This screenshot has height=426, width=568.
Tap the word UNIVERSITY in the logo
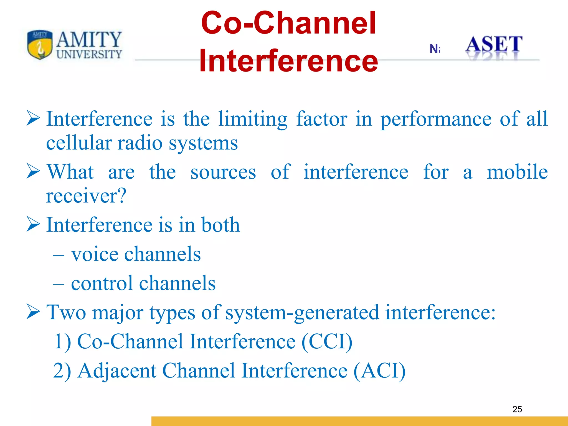click(89, 54)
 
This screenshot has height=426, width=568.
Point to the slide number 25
click(517, 409)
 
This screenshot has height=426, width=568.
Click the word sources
click(223, 172)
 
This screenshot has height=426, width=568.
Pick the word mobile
click(517, 172)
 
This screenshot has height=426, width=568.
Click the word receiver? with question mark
click(86, 196)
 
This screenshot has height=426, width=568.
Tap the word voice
click(94, 254)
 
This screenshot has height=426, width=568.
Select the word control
click(102, 283)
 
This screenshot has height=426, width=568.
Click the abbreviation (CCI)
click(327, 341)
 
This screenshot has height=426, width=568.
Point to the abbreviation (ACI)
click(379, 371)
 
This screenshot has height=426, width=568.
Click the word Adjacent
click(117, 371)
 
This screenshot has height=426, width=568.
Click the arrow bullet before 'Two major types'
click(33, 311)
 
